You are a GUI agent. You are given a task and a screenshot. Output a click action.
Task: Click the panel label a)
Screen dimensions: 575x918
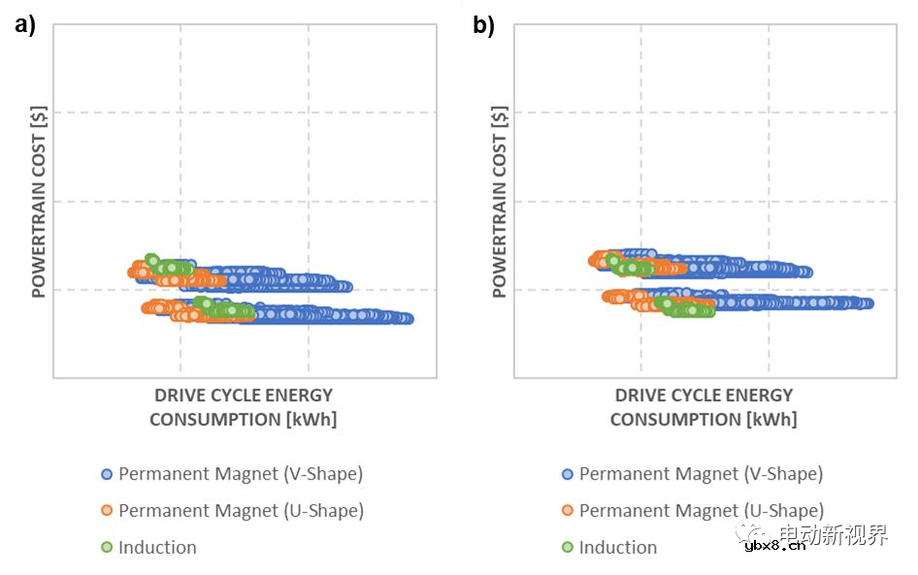point(24,26)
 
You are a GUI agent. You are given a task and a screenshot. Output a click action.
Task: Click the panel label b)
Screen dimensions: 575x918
point(483,26)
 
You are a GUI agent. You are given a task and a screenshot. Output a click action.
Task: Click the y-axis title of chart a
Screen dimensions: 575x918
point(40,200)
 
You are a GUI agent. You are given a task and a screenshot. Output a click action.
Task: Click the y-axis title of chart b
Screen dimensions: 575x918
point(500,200)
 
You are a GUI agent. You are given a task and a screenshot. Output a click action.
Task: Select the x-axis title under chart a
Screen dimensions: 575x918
point(243,407)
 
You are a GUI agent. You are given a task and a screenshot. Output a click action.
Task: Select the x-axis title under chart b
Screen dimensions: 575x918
point(704,407)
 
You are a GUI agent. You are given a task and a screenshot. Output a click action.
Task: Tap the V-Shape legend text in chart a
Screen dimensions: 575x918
point(241,474)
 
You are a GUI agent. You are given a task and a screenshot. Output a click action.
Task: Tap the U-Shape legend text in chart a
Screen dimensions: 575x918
point(241,510)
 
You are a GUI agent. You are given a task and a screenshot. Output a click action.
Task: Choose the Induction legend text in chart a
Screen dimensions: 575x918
point(157,547)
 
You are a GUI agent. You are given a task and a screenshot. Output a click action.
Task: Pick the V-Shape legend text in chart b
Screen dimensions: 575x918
point(701,474)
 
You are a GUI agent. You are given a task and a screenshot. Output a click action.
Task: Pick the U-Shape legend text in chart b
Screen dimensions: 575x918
point(701,510)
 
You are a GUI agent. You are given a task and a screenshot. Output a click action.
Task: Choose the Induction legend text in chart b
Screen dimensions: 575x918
point(618,547)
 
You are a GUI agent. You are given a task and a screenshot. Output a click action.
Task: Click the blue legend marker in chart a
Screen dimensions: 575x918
point(107,475)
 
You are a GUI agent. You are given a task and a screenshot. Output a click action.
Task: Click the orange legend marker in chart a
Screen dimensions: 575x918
point(107,511)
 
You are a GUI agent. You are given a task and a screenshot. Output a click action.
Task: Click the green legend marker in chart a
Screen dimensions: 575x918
point(107,548)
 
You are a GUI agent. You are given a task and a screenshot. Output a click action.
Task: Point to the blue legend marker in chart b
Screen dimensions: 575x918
point(568,475)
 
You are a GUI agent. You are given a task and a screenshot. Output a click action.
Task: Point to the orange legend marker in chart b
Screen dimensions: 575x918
point(568,511)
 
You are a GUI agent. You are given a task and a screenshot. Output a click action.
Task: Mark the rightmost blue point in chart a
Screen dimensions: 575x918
point(408,319)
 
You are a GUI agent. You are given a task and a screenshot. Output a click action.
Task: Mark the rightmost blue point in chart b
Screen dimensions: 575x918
point(868,304)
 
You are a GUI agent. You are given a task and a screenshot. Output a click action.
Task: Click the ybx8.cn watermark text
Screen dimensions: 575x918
point(774,546)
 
